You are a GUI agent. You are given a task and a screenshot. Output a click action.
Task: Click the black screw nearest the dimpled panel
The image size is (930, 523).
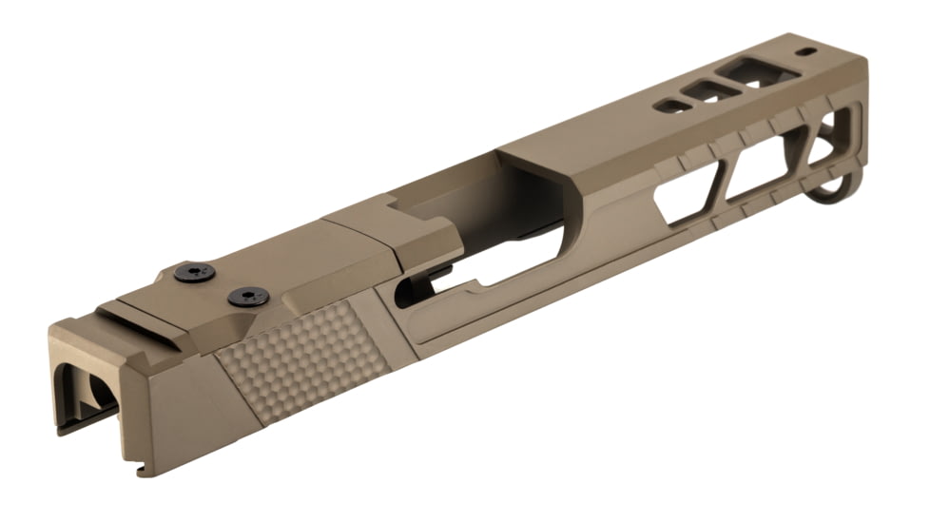tap(248, 297)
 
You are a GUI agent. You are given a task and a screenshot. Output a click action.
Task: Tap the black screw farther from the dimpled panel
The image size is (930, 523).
tap(194, 273)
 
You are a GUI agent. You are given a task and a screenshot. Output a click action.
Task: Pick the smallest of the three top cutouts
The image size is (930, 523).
tap(671, 106)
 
